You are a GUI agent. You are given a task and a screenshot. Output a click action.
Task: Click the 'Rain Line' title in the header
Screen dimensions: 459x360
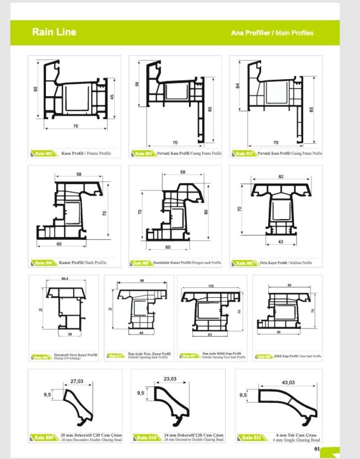(54, 32)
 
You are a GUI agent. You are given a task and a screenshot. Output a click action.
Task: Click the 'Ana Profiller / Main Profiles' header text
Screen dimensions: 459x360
(272, 33)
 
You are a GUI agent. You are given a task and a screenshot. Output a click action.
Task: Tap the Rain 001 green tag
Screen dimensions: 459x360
(44, 153)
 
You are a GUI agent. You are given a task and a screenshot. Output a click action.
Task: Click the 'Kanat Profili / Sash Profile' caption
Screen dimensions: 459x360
(84, 262)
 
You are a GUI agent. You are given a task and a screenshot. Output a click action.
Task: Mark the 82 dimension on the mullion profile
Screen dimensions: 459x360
(281, 177)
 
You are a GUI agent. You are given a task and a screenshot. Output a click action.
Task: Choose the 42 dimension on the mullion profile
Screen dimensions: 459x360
(281, 242)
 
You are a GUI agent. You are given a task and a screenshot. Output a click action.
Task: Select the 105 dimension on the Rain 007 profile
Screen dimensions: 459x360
(211, 286)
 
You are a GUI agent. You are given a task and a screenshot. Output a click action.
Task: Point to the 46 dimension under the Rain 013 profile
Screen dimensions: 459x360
(141, 333)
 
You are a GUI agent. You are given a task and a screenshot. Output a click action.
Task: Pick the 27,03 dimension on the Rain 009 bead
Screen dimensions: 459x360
(77, 381)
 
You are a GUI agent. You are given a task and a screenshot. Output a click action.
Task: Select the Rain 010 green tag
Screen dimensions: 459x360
(146, 437)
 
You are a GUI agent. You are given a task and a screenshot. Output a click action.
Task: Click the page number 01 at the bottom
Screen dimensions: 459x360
(317, 449)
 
